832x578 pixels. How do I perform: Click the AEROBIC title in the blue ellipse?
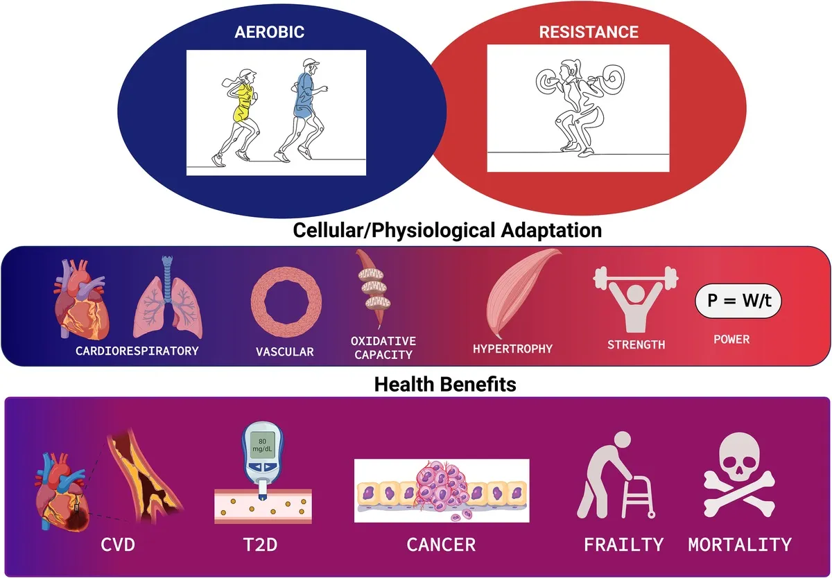point(269,32)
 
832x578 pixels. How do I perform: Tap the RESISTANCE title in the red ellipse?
point(589,32)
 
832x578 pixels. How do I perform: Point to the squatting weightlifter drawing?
point(580,107)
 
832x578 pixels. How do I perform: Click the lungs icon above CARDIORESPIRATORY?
point(168,297)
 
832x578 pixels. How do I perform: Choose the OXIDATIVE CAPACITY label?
point(383,348)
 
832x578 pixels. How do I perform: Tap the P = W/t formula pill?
point(738,301)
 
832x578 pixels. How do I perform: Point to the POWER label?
point(731,340)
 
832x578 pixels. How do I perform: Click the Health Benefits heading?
point(445,384)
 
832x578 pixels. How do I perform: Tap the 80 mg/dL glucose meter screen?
point(262,445)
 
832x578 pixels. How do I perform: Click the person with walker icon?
point(616,475)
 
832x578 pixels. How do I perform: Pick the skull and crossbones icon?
point(739,475)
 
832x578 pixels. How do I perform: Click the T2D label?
point(260,545)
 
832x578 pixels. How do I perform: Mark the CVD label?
point(118,545)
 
